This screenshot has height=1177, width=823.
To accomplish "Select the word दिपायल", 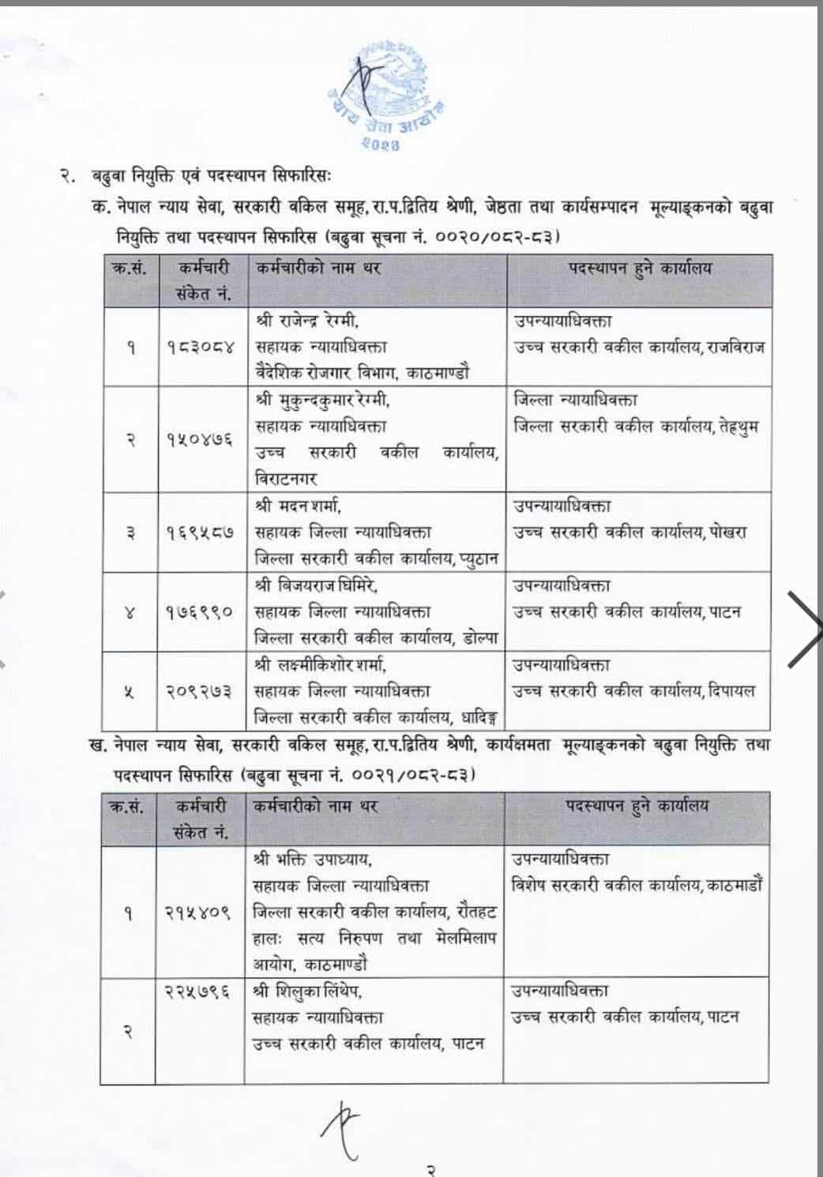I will [731, 691].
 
